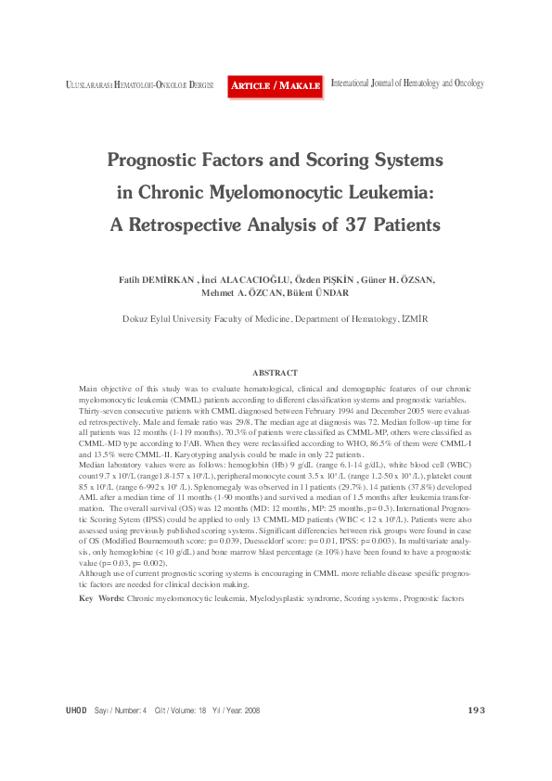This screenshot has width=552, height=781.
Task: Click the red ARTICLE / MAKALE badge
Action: [276, 85]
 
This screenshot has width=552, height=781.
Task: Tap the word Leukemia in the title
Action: [386, 193]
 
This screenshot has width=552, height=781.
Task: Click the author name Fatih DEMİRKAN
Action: [155, 279]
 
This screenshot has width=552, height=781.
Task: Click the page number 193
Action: [476, 710]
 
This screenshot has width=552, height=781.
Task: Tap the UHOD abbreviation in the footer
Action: [76, 711]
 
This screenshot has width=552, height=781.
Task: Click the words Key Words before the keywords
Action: [101, 599]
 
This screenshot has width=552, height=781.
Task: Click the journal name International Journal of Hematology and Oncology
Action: [407, 83]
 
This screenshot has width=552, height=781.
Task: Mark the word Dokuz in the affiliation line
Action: [135, 318]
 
